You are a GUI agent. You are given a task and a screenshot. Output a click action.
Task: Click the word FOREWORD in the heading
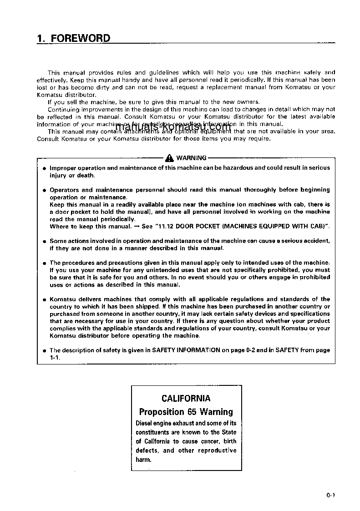tap(80, 38)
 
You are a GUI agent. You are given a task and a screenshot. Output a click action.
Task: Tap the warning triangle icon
tap(169, 158)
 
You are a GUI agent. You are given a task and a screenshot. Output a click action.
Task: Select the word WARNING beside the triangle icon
tap(191, 158)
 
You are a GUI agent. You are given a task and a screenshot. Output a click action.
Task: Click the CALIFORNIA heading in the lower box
tap(186, 398)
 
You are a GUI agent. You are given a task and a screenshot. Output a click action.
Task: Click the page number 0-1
tap(330, 496)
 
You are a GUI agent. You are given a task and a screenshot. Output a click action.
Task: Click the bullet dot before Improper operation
tap(44, 168)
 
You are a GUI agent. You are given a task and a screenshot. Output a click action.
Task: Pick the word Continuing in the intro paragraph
tap(64, 109)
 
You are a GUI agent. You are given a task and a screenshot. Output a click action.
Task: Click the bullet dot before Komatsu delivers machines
tap(44, 300)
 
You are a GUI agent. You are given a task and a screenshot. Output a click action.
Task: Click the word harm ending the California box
tap(143, 460)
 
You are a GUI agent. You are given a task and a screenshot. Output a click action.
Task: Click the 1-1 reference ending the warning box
tap(54, 357)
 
